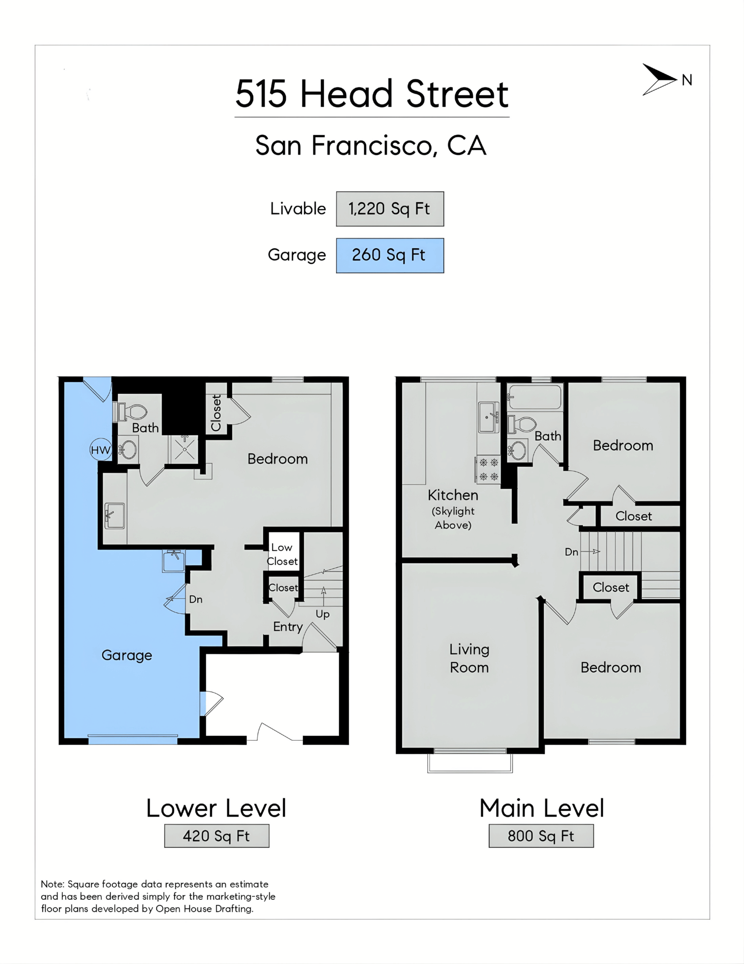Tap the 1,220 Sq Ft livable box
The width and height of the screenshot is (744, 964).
point(390,209)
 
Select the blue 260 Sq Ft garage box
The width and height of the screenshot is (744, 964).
point(390,256)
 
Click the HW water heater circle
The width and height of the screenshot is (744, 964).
point(100,450)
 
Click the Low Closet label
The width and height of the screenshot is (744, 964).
point(282,554)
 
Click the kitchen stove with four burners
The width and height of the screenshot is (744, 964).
point(488,470)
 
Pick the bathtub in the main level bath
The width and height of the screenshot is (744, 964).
point(534,397)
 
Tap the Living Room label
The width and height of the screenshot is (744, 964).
point(469,658)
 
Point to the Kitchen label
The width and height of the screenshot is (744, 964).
point(453,495)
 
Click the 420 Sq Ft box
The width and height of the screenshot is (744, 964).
point(217,836)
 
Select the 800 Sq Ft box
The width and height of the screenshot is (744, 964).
point(541,836)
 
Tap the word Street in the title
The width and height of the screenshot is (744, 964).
point(457,94)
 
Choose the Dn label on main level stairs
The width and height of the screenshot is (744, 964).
point(572,552)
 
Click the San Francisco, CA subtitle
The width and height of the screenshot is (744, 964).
point(371,145)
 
